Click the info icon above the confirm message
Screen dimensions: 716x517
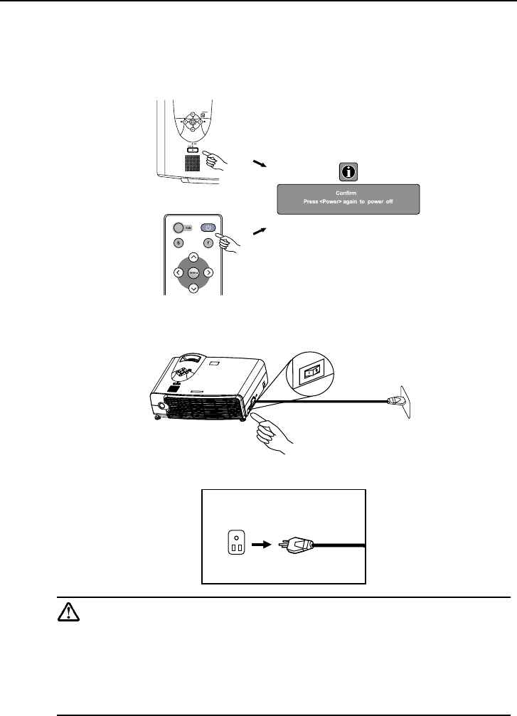tap(348, 171)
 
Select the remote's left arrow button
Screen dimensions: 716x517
tap(178, 272)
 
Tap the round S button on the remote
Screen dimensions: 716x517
tap(178, 242)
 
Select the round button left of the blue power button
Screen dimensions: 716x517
tap(177, 228)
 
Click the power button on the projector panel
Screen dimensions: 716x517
tap(192, 149)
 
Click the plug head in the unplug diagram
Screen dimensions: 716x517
tap(297, 545)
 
